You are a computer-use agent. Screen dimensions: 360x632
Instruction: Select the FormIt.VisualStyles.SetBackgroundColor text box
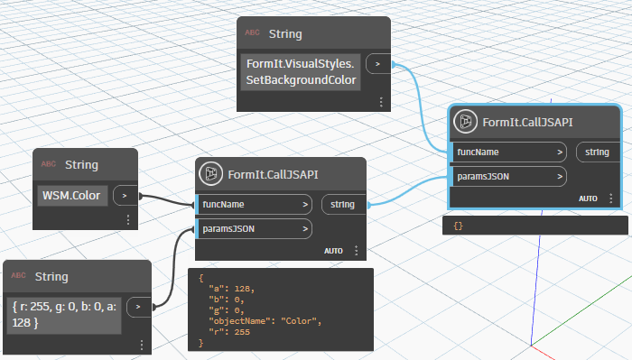click(x=302, y=73)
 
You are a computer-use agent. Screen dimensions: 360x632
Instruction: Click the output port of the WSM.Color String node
click(x=125, y=194)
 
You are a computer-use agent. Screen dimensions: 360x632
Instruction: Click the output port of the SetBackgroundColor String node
click(x=377, y=64)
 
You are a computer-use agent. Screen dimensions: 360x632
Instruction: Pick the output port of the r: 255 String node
click(x=138, y=307)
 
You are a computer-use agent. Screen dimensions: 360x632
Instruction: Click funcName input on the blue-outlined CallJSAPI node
click(x=509, y=152)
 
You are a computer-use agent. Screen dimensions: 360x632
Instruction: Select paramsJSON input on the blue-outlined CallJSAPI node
click(x=509, y=177)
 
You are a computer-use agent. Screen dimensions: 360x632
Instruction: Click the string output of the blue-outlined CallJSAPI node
click(x=597, y=152)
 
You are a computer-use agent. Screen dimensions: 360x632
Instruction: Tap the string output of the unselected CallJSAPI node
click(x=342, y=204)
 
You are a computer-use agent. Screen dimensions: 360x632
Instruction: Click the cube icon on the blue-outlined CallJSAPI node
click(x=466, y=123)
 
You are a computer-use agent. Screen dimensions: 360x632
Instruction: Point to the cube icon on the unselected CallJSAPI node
click(x=211, y=174)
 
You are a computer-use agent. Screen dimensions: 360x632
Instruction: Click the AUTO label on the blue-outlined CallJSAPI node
click(x=588, y=198)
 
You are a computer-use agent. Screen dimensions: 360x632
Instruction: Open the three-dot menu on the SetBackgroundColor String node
click(x=381, y=102)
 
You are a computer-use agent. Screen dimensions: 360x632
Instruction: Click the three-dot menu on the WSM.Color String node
click(x=128, y=219)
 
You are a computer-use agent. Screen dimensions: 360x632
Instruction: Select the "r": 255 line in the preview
click(x=225, y=332)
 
